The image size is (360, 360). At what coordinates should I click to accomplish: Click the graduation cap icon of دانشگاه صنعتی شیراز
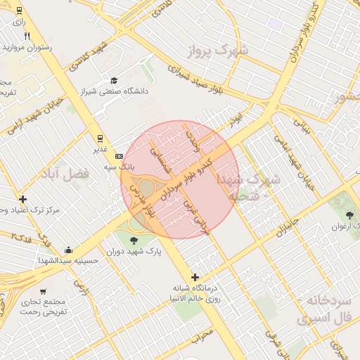pos(114,80)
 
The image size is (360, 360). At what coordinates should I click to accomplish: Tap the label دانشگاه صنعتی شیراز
pos(114,91)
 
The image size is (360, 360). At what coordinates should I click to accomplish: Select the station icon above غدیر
pos(100,138)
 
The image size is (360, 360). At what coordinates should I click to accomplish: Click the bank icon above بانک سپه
pos(119,156)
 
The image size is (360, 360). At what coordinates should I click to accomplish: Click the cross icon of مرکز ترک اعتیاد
pos(23,199)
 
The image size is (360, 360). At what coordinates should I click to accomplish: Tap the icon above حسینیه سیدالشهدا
pos(68,250)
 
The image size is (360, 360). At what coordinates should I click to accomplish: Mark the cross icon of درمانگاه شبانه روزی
pos(195,277)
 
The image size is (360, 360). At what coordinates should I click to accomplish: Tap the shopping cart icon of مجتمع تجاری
pos(43,290)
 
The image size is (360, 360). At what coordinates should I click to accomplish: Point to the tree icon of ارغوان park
pos(349,214)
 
